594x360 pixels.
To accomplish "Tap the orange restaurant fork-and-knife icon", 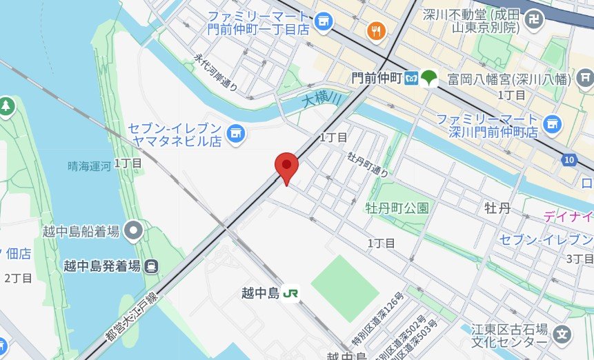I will coord(376,30).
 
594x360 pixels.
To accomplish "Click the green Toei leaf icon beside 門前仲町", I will coord(430,77).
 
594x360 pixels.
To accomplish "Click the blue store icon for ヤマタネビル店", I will coord(236,130).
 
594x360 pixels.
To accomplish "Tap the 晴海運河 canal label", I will coord(89,166).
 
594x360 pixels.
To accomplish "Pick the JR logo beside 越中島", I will coord(291,293).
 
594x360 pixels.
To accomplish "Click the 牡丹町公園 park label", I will coord(397,208).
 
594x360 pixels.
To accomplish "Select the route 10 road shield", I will coord(568,160).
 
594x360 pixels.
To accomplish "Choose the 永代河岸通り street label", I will coord(215,74).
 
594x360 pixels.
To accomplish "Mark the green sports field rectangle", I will coord(345,288).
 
